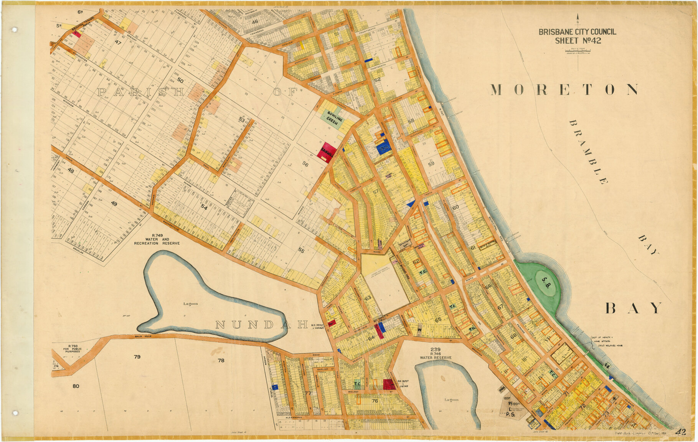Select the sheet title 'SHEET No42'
tap(578, 41)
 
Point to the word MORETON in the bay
tap(564, 90)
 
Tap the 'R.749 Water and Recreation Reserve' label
tap(157, 239)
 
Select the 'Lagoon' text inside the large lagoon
tap(191, 304)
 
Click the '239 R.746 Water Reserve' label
tap(436, 353)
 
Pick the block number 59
tap(431, 164)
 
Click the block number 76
tap(375, 401)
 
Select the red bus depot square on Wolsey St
tap(389, 384)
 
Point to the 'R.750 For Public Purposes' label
tap(73, 348)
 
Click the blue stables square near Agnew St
tap(275, 387)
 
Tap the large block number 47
tap(118, 43)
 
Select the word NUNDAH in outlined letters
tap(261, 325)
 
